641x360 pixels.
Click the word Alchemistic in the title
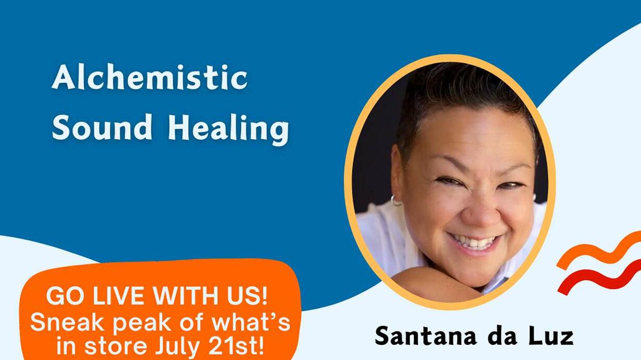click(150, 77)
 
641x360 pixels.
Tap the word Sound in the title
click(102, 127)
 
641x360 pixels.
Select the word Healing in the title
click(228, 130)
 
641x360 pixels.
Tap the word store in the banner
click(116, 346)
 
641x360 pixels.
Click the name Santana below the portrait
click(426, 336)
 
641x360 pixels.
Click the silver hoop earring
click(397, 201)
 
